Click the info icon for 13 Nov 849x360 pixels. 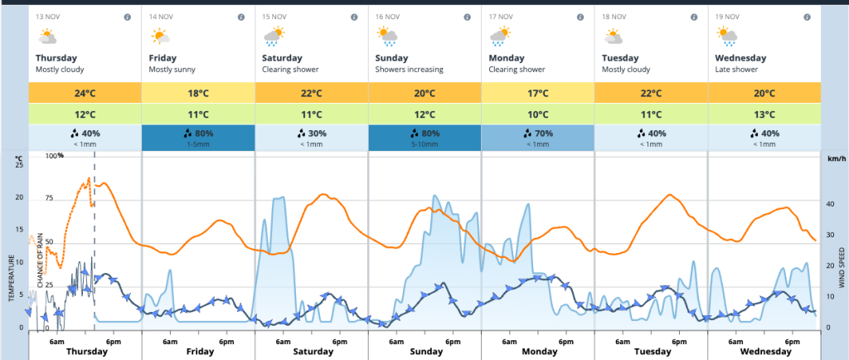click(127, 17)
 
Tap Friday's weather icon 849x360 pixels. click(160, 36)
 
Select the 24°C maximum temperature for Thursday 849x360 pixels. click(85, 92)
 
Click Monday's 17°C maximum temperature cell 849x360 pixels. click(537, 92)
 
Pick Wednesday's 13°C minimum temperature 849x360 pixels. click(764, 114)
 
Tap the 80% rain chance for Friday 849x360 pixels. click(198, 133)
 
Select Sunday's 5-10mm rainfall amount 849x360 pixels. click(424, 144)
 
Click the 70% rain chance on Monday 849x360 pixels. click(537, 133)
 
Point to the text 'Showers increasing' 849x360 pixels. click(409, 70)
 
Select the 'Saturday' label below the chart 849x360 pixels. click(312, 352)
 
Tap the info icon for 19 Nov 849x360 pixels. click(807, 17)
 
